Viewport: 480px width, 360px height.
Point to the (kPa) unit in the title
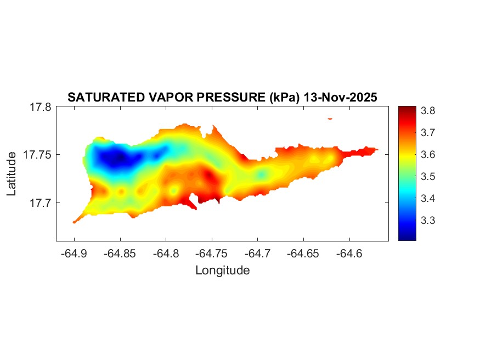(x=281, y=98)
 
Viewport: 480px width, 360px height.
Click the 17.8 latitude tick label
(x=40, y=108)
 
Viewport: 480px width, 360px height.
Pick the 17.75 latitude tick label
(x=37, y=155)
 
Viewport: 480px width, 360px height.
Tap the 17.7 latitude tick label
(x=40, y=203)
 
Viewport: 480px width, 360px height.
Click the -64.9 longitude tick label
(x=74, y=254)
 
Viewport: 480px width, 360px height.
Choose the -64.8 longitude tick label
(x=166, y=254)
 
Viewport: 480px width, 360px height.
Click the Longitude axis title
(x=222, y=270)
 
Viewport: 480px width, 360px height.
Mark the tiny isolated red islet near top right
(x=330, y=118)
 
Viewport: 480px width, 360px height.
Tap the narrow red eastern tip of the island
(x=370, y=149)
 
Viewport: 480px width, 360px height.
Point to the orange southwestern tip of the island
(x=75, y=221)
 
